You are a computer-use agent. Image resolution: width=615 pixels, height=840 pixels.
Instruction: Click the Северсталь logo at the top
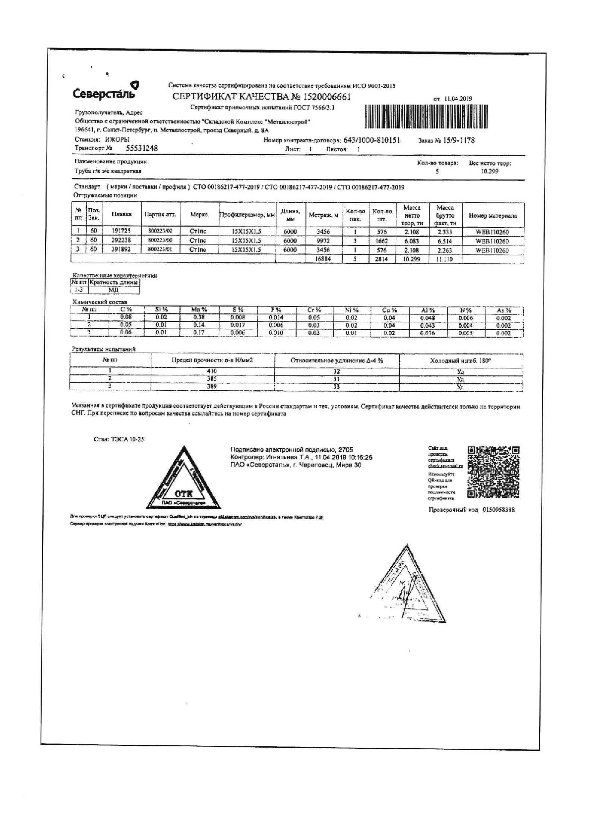coord(106,92)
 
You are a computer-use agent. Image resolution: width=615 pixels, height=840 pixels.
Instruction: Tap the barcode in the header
coord(426,118)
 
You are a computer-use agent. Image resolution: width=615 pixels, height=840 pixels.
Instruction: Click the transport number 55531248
coord(142,148)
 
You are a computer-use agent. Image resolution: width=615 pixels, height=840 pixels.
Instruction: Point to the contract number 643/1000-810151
coord(371,140)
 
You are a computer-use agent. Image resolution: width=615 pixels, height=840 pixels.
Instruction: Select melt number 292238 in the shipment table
coord(121,240)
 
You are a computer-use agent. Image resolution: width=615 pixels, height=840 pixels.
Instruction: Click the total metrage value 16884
coord(323,259)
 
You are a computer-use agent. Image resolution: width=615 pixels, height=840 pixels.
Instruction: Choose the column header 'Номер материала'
coord(492,216)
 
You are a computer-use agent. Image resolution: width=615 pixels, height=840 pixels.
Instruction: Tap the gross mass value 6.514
coord(444,241)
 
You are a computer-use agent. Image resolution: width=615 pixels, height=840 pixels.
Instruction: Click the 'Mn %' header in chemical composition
coord(199,310)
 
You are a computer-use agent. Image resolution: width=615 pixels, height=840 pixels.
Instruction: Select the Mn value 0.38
coord(199,317)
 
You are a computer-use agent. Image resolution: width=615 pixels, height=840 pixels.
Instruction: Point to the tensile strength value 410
coord(212,371)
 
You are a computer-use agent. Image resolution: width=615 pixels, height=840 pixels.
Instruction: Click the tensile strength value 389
coord(212,386)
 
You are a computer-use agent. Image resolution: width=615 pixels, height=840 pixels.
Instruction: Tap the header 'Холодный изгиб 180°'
coord(460,360)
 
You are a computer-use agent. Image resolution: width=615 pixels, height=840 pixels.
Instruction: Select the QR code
coord(493,472)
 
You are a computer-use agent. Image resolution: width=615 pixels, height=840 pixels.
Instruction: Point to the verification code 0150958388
coord(498,510)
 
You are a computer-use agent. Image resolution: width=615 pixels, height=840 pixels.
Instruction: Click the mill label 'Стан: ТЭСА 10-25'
coord(119,439)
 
